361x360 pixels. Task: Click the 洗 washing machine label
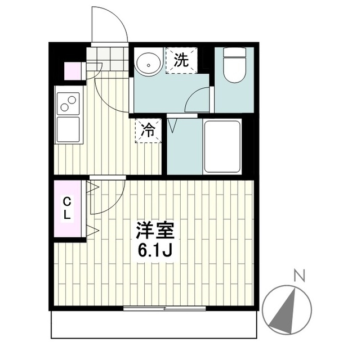pyautogui.click(x=181, y=60)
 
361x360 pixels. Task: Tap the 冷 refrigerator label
pyautogui.click(x=148, y=130)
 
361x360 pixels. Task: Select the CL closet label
pyautogui.click(x=67, y=208)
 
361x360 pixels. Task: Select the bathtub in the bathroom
pyautogui.click(x=221, y=146)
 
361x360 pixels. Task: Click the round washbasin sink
pyautogui.click(x=148, y=62)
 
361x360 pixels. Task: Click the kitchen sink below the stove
pyautogui.click(x=69, y=129)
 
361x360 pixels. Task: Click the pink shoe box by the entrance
pyautogui.click(x=73, y=71)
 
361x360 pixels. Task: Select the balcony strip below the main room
pyautogui.click(x=155, y=325)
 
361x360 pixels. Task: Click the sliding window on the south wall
pyautogui.click(x=164, y=308)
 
